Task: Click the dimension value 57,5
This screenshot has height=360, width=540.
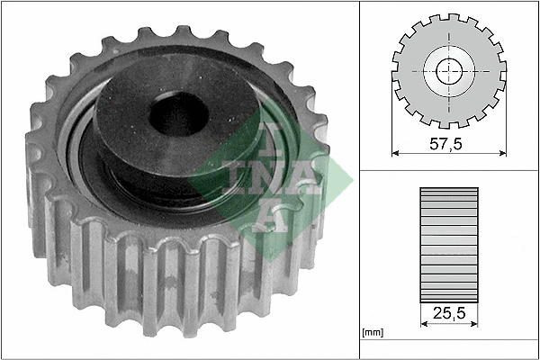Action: point(445,144)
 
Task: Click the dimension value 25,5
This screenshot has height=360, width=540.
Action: point(449,313)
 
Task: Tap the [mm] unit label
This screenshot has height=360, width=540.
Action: point(373,332)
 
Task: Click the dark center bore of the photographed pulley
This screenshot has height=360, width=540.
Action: point(179,113)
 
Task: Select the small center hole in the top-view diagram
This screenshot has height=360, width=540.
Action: point(449,72)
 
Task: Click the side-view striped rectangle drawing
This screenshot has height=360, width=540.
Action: point(449,246)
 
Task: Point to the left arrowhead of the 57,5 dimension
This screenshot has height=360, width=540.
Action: point(395,153)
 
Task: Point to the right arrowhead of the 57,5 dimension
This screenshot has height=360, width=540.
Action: point(503,153)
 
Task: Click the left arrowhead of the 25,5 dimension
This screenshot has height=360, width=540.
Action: point(424,323)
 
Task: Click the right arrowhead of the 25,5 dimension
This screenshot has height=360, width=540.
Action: point(474,323)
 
